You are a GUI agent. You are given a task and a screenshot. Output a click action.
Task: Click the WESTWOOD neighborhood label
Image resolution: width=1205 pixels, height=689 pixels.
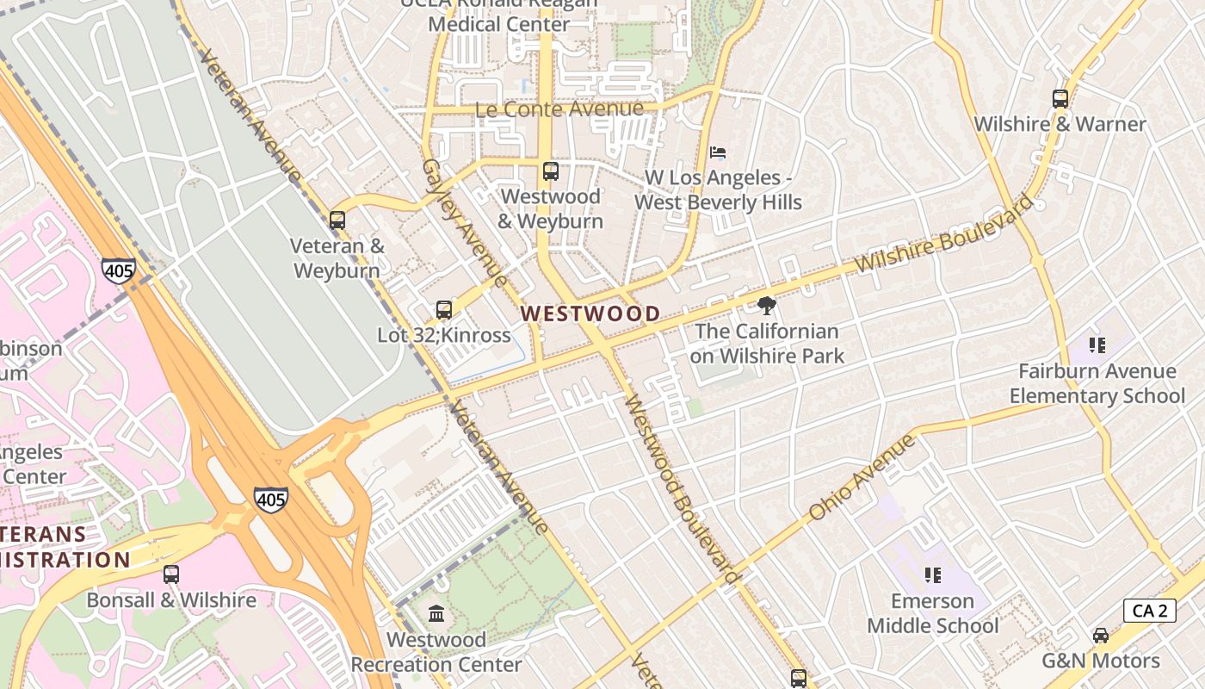tap(590, 313)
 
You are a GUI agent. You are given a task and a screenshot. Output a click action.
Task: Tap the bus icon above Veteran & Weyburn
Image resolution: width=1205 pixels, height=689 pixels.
tap(337, 220)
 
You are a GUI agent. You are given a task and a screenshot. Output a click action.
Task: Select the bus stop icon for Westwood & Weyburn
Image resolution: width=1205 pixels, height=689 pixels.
tap(551, 171)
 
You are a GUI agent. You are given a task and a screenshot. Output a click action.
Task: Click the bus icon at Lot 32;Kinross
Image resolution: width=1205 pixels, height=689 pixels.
tap(444, 310)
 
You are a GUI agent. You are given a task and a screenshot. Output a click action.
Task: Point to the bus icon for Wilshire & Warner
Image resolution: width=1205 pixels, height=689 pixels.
tap(1060, 99)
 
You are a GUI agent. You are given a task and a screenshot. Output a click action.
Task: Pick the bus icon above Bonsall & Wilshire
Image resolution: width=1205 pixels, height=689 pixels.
tap(171, 574)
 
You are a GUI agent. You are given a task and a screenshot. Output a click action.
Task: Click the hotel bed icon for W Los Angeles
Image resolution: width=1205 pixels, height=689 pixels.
tap(718, 152)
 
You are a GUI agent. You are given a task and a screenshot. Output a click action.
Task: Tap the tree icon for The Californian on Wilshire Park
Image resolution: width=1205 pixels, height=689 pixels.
tap(766, 306)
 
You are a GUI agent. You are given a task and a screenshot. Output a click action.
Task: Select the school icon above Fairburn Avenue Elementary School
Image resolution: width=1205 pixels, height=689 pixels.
tap(1097, 345)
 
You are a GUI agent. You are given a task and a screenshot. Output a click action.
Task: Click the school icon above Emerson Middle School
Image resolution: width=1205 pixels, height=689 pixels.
tap(932, 574)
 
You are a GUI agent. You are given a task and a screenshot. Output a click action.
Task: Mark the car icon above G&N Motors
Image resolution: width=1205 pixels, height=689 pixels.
tap(1100, 636)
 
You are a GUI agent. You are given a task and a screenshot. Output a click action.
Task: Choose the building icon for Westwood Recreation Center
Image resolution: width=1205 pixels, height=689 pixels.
tap(436, 614)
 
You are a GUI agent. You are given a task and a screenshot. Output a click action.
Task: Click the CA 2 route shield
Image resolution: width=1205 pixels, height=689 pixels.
tap(1150, 611)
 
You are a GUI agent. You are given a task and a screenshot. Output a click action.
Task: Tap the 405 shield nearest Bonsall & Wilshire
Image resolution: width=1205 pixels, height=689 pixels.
tap(270, 500)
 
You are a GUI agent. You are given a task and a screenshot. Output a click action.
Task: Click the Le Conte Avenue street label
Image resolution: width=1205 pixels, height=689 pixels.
tap(559, 109)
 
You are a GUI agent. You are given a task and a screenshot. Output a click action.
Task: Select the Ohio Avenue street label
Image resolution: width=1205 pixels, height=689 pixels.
tap(862, 478)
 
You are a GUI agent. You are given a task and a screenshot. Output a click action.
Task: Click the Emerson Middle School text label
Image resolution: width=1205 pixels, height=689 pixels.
tap(933, 613)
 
